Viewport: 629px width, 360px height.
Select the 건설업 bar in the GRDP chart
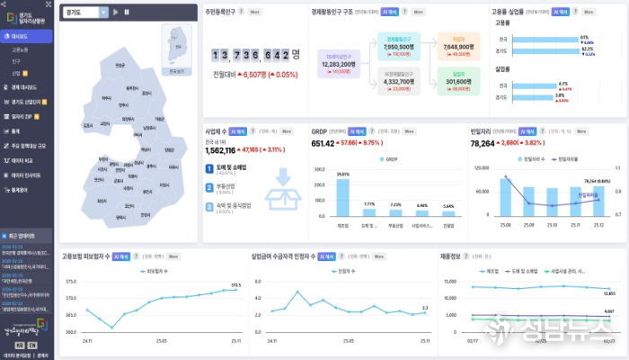tap(447, 212)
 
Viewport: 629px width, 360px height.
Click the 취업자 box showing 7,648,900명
tap(457, 46)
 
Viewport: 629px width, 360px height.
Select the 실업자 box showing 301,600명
tap(457, 82)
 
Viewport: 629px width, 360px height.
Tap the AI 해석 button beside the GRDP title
tap(358, 131)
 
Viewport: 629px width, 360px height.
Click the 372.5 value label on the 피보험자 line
tap(236, 285)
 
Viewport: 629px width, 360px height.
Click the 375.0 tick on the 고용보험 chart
tap(70, 282)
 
